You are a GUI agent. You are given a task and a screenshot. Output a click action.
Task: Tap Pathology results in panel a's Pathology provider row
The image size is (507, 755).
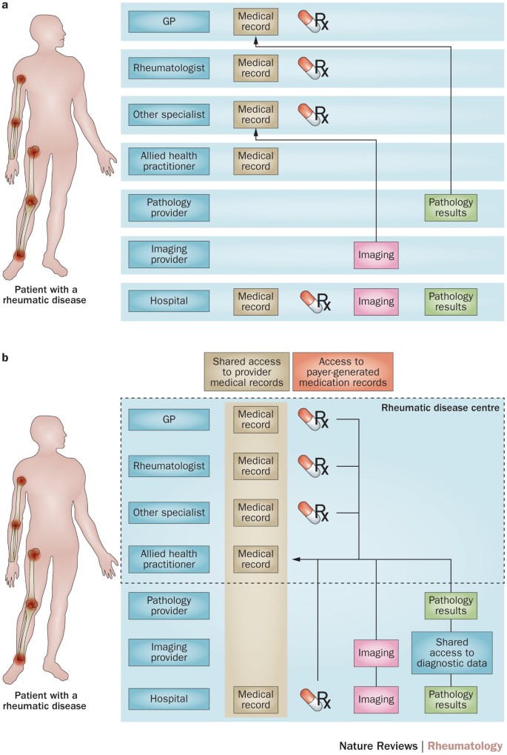pos(451,207)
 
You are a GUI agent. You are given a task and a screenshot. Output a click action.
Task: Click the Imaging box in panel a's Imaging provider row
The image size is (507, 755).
pos(376,256)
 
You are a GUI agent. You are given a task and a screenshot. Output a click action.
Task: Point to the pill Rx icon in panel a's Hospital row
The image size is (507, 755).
pos(315,302)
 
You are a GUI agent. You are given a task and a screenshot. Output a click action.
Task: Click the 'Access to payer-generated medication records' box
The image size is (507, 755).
pos(342,370)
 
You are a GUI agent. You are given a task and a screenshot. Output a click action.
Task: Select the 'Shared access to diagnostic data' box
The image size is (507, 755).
pos(451,653)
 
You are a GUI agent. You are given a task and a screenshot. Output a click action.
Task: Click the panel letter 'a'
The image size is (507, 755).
pos(6,6)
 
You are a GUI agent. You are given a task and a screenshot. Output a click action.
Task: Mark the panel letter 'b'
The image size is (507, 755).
pos(6,359)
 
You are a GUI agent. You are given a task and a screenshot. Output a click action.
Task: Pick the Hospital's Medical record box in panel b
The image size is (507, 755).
pos(255,699)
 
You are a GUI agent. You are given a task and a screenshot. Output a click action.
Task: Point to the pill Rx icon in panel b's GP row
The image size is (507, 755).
pos(315,421)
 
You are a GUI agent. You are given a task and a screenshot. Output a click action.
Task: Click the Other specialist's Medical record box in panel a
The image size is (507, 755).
pos(255,115)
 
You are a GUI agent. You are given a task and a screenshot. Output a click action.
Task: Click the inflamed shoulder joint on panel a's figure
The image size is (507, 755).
pos(21,80)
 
